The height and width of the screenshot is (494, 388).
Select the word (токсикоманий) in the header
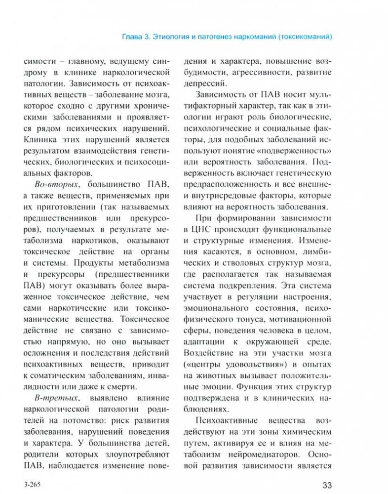click(x=306, y=37)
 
